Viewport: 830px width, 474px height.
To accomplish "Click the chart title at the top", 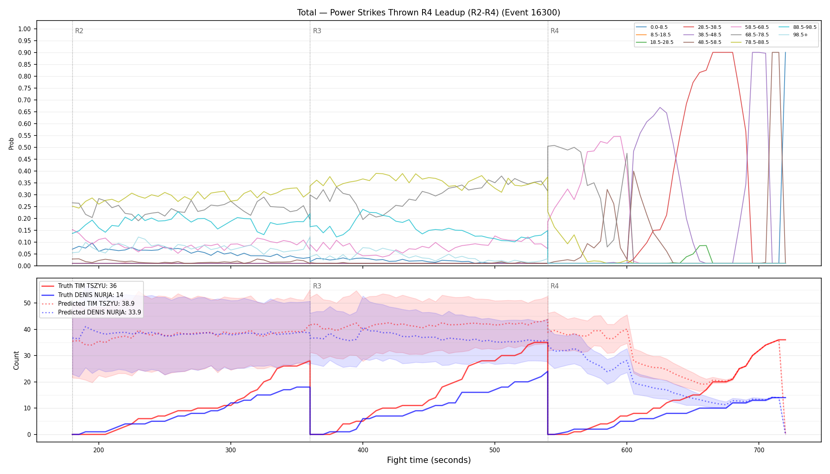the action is (428, 13).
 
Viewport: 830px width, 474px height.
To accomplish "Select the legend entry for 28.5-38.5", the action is (702, 27).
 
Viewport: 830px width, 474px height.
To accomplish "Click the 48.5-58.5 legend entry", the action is (702, 42).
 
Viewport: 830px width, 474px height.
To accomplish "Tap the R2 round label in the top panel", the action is (79, 31).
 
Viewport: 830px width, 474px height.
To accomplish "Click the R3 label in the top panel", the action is (317, 31).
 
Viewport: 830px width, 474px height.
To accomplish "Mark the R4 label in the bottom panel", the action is (555, 286).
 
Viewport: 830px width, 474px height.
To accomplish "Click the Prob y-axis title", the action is (11, 144).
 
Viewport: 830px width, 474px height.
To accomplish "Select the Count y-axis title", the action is (16, 360).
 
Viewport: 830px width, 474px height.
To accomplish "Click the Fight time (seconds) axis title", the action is (429, 460).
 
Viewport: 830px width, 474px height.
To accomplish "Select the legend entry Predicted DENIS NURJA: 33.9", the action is (91, 312).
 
